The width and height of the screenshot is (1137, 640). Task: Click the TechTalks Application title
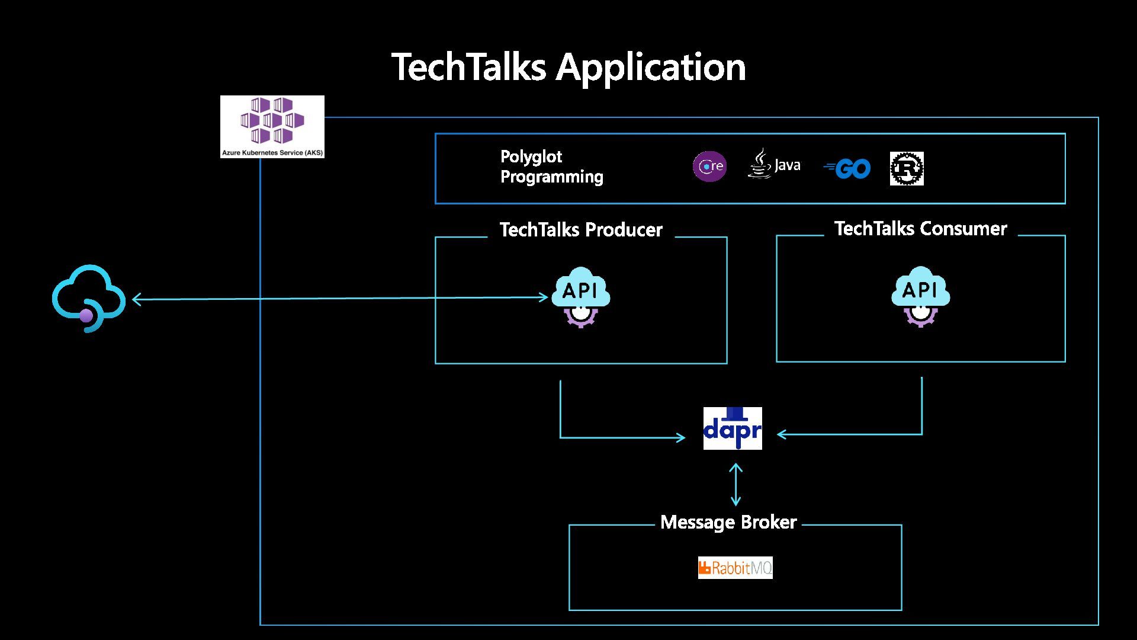568,67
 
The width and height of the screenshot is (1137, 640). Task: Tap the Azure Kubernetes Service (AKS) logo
272,127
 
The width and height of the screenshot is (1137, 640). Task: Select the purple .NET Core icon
709,167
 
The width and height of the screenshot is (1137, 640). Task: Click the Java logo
774,164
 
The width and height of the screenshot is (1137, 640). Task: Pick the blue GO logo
847,169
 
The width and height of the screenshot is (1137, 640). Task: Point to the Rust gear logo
907,168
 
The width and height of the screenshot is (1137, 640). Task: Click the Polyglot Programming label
551,167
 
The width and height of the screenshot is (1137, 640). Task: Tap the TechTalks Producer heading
581,230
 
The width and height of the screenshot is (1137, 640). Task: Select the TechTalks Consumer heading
920,229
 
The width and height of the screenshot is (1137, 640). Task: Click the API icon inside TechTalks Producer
581,297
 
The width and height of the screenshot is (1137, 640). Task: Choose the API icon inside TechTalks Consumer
921,296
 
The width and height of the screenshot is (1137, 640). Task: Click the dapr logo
733,428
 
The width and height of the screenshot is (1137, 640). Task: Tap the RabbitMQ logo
735,568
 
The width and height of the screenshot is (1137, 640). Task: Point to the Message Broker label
728,522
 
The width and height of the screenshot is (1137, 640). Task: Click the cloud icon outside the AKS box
89,298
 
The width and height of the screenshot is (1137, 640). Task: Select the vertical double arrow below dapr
735,484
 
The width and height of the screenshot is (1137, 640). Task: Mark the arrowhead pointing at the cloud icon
136,299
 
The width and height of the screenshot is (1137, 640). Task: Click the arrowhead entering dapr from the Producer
681,438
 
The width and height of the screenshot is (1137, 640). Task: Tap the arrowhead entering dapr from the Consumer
781,434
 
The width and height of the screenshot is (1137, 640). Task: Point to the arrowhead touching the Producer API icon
544,297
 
